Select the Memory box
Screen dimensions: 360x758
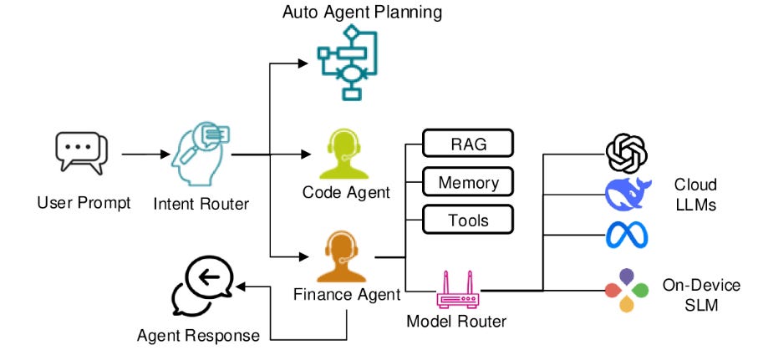(466, 181)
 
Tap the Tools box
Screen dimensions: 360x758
(466, 220)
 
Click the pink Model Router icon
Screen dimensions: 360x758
(457, 289)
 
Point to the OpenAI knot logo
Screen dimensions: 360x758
(627, 155)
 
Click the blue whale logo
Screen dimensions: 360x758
(627, 195)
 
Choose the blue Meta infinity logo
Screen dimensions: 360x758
(627, 235)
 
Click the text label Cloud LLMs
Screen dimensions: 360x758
(696, 195)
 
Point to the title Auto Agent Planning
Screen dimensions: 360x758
(362, 12)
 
